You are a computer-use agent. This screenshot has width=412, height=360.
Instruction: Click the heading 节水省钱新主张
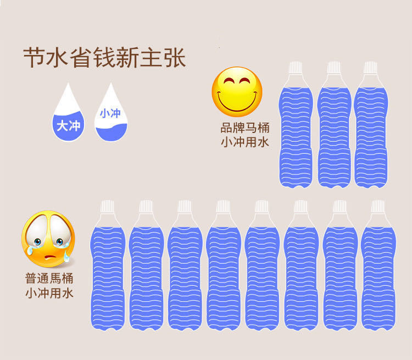click(x=104, y=58)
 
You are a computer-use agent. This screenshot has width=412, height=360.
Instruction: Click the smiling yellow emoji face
click(x=237, y=92)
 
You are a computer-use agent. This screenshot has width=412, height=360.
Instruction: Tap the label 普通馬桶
click(x=49, y=278)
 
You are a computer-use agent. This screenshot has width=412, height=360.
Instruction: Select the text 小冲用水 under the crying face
click(x=49, y=292)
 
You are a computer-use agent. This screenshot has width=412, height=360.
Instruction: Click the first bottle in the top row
click(x=297, y=132)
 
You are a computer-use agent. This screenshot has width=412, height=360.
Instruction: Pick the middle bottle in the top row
click(x=333, y=132)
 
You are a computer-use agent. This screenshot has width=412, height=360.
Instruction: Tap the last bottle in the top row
click(x=371, y=132)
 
